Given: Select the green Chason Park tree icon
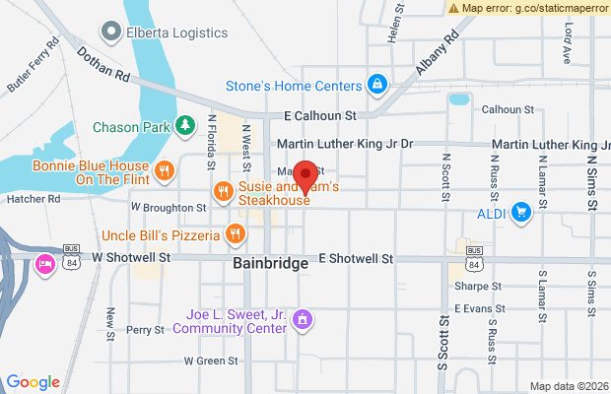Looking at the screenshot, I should (184, 125).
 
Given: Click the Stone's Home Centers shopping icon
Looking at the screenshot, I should (376, 86).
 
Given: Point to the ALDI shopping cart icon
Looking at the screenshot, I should (521, 211).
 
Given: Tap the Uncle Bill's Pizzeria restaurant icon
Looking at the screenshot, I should (235, 234).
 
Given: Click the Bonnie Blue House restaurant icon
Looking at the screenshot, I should (166, 168).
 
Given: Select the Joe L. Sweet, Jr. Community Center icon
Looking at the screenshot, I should (304, 319).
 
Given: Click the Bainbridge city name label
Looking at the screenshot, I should (272, 264).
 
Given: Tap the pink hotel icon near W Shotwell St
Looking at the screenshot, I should (44, 264).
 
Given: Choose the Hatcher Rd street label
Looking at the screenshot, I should (34, 198).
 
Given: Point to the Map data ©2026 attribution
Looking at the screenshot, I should (568, 385).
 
